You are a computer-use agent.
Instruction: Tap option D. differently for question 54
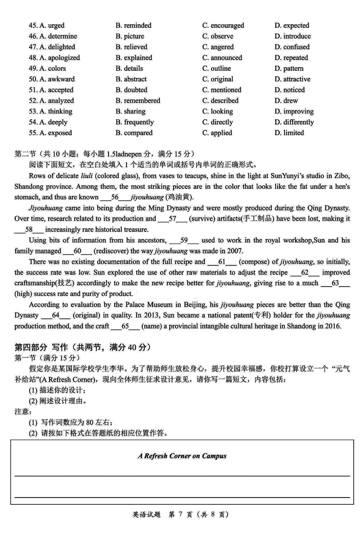pos(294,122)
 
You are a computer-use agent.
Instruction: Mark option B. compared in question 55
pos(134,133)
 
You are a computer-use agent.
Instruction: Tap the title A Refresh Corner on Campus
pos(182,456)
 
